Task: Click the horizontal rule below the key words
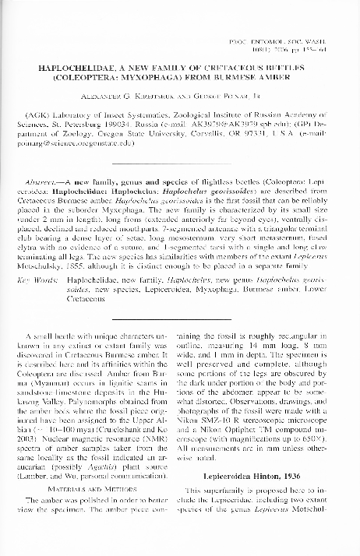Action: (180, 318)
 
